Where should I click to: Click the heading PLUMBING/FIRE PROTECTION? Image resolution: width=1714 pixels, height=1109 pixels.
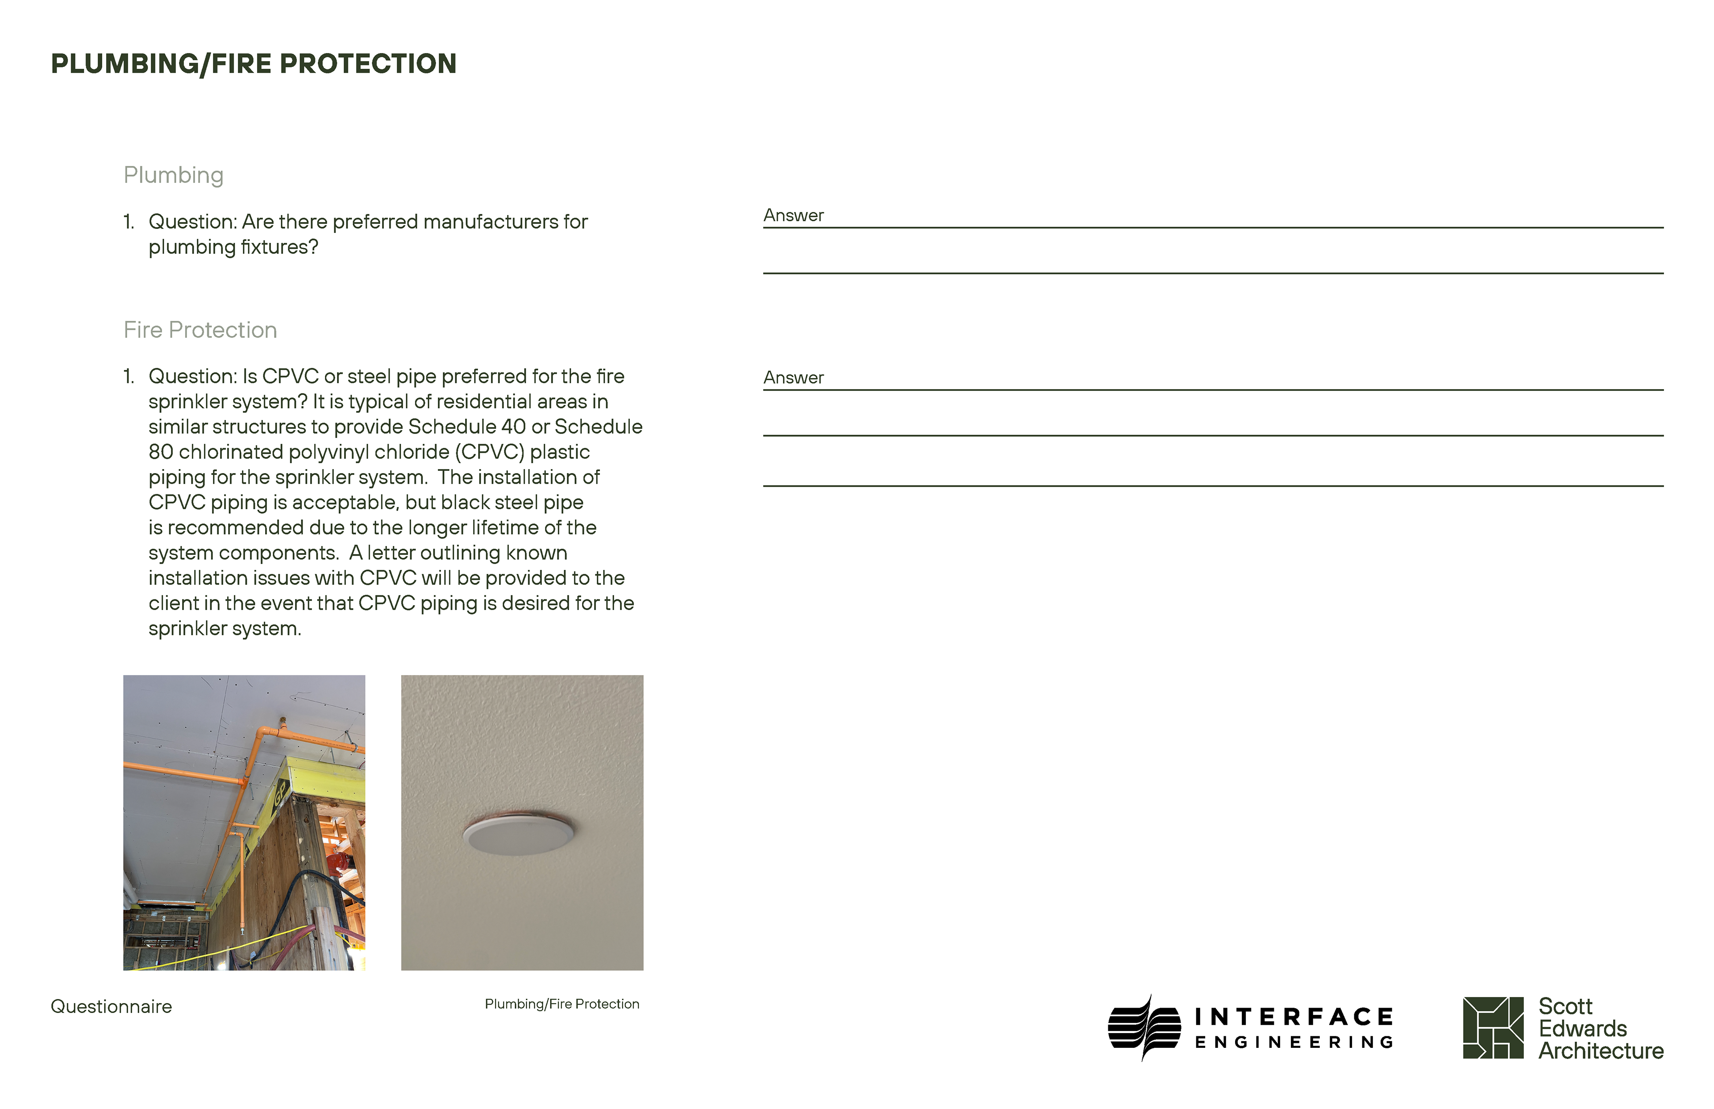point(254,64)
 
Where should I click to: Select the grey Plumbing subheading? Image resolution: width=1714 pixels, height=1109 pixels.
point(174,175)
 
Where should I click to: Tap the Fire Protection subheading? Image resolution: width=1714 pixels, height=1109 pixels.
point(200,330)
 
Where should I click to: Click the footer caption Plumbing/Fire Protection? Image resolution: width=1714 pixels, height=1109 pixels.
point(562,1004)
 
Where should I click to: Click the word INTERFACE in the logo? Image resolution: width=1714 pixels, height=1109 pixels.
point(1294,1017)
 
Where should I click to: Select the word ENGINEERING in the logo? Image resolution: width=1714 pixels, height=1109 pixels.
point(1294,1042)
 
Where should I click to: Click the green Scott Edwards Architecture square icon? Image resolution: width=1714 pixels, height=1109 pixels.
point(1493,1028)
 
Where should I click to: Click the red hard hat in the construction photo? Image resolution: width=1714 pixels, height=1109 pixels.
point(336,863)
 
